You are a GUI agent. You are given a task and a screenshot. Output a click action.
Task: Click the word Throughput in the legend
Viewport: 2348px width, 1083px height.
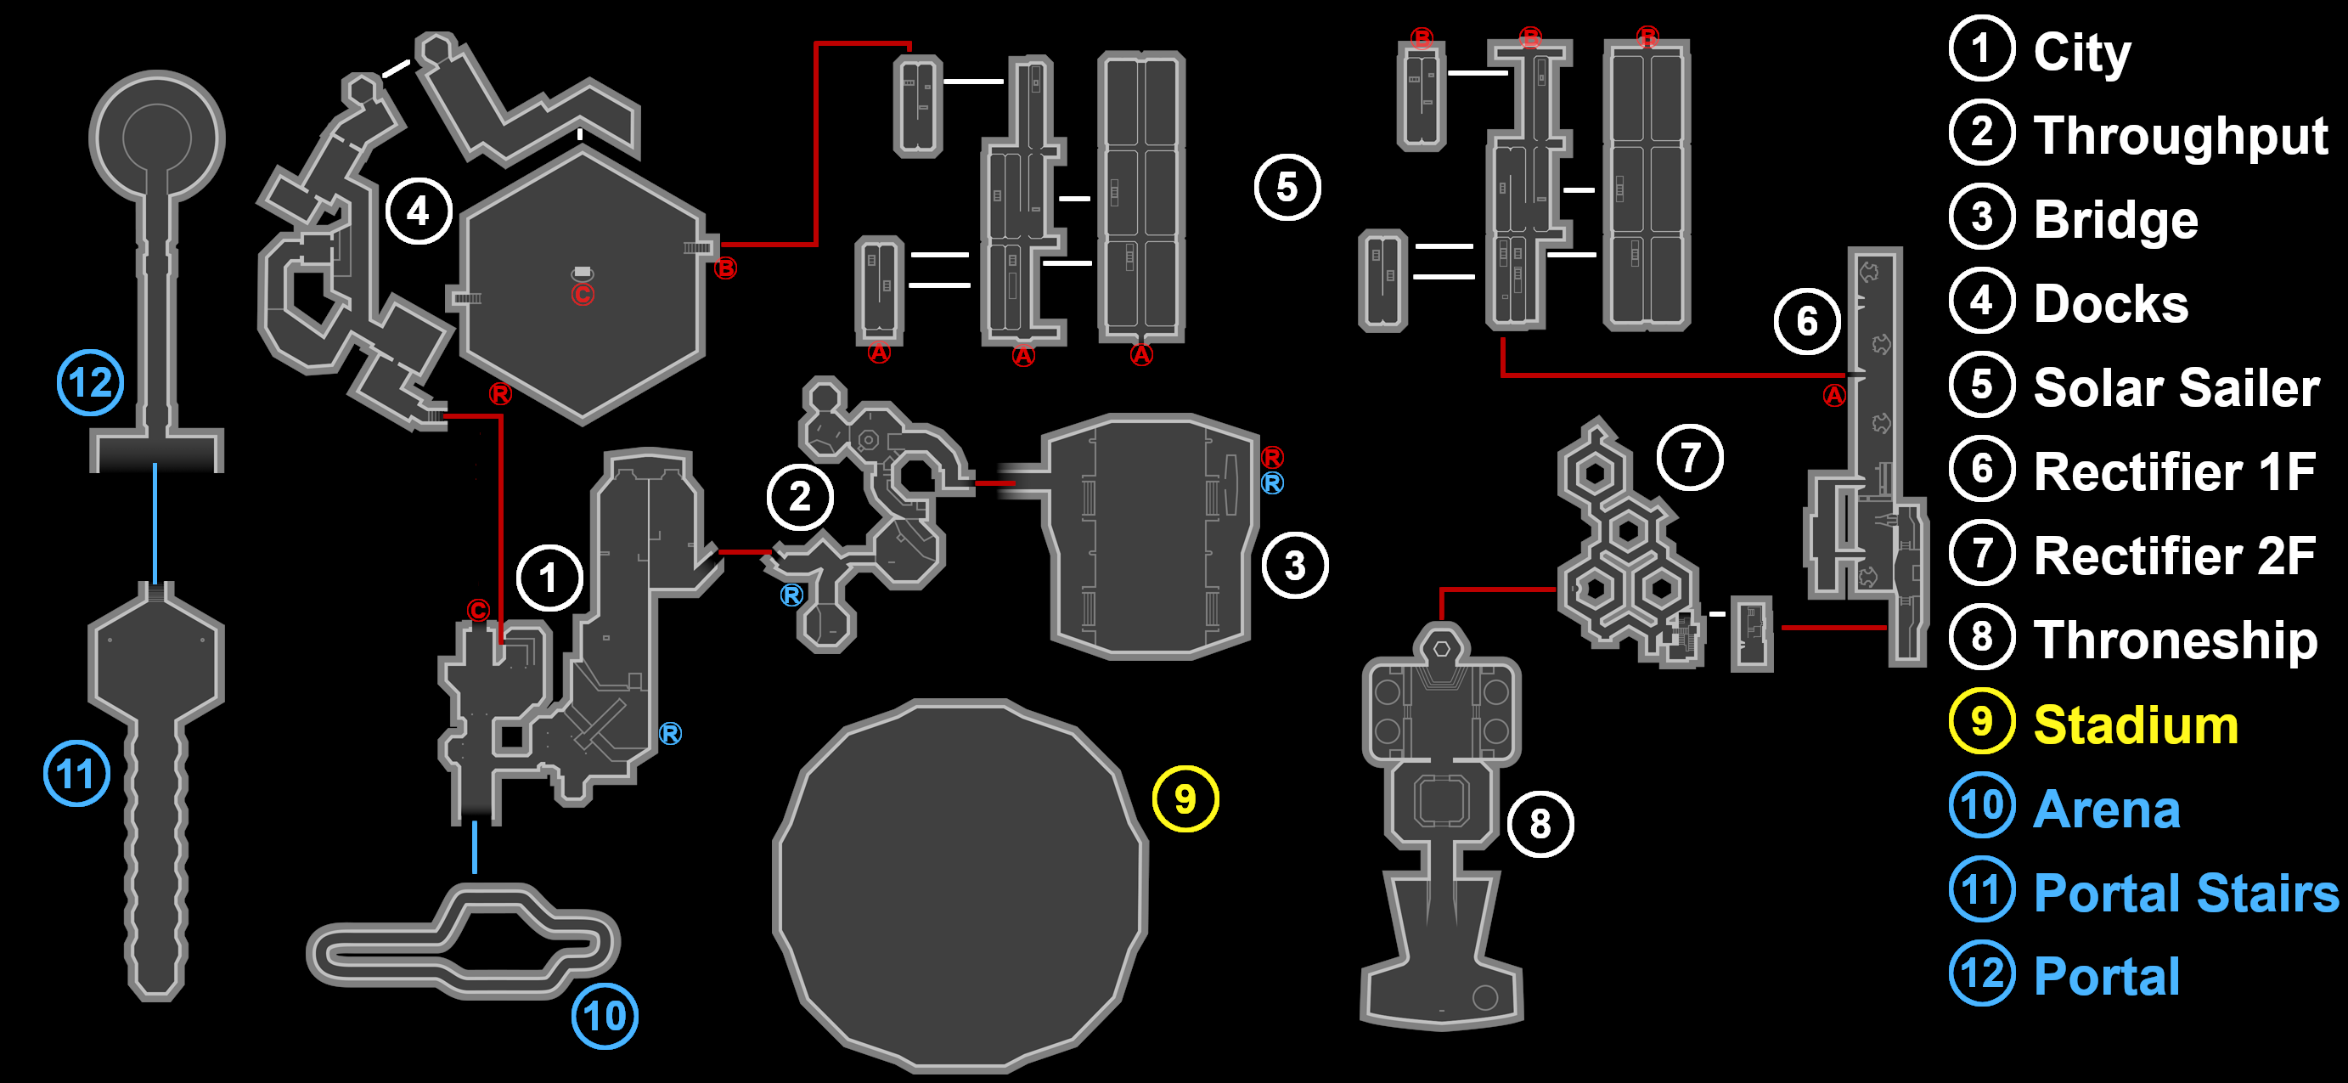pos(2181,135)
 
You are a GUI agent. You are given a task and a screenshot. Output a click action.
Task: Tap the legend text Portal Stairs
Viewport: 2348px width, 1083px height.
pos(2186,893)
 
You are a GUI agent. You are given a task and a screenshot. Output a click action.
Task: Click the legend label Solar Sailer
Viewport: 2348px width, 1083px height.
pos(2176,387)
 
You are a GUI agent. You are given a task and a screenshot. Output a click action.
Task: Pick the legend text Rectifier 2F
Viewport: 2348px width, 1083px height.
pos(2174,556)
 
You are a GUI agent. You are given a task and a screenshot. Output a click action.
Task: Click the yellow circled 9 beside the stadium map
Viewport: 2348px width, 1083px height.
pos(1185,798)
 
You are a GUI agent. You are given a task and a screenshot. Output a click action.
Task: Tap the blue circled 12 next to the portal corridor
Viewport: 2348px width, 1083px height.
pos(90,383)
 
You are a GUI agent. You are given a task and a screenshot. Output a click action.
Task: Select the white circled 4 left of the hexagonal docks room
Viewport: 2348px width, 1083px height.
pos(419,212)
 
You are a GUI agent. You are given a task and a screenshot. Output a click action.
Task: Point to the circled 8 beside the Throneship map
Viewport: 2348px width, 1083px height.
pos(1540,824)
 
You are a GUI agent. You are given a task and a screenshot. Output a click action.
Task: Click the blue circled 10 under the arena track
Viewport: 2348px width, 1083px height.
pos(605,1016)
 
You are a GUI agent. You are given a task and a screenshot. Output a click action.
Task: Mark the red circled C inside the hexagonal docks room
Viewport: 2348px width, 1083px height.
pos(583,295)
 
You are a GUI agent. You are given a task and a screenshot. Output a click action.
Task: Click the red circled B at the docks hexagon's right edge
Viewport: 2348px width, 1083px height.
pos(725,268)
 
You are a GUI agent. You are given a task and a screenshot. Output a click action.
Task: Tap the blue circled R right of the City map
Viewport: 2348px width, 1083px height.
pos(670,733)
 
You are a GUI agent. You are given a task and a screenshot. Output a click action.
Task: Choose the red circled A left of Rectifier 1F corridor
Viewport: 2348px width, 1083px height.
pos(1834,395)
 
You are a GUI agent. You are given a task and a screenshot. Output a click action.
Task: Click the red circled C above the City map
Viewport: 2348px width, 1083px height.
pos(479,610)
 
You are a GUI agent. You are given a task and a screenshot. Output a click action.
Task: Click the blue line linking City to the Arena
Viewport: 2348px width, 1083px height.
pos(474,848)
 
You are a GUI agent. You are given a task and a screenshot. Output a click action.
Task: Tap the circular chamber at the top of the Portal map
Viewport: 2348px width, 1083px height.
pos(157,137)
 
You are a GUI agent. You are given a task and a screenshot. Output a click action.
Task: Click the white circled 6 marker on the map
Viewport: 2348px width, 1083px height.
pos(1806,321)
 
